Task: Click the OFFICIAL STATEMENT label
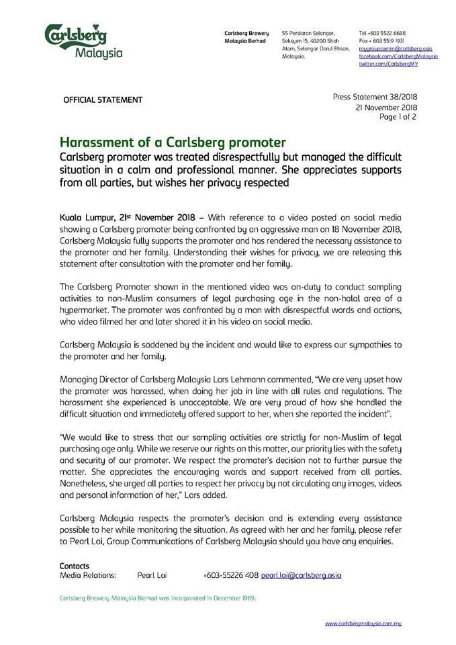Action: [x=103, y=100]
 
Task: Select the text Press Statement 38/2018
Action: [x=375, y=97]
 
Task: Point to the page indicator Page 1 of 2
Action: [x=399, y=117]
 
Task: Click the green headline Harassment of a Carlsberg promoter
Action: [x=173, y=142]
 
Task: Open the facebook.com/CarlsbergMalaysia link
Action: [x=398, y=57]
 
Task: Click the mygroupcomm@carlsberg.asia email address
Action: [x=395, y=49]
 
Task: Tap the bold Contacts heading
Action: [x=74, y=566]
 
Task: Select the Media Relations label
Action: [x=88, y=576]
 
